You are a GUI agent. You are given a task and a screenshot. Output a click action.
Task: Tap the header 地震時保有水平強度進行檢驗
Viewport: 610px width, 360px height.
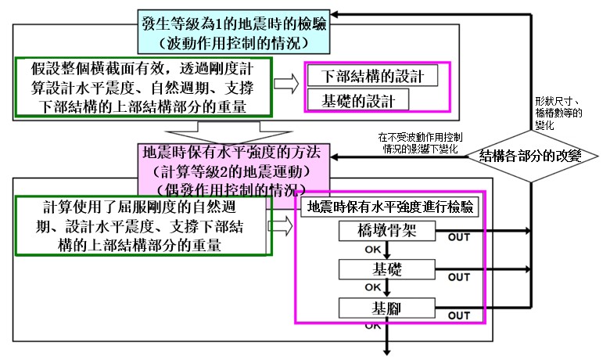pyautogui.click(x=390, y=208)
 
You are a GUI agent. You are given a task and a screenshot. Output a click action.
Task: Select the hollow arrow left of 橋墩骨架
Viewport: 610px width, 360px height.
pyautogui.click(x=281, y=225)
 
